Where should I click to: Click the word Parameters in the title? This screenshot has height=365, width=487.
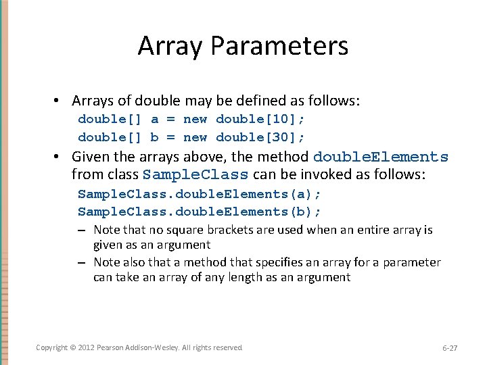(x=279, y=46)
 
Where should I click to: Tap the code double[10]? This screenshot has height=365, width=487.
(x=260, y=119)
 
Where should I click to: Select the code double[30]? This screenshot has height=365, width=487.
(x=260, y=137)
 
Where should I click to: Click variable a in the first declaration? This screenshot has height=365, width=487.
(x=155, y=119)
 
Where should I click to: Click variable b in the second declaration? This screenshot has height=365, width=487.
(x=155, y=137)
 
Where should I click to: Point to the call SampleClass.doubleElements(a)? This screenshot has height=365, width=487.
(x=200, y=194)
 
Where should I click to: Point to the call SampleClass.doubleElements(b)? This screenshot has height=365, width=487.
(x=200, y=212)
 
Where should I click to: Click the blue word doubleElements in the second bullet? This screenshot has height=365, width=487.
(x=381, y=157)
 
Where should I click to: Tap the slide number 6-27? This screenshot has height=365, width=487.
(x=450, y=348)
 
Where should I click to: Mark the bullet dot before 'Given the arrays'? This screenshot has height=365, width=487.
(x=60, y=157)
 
